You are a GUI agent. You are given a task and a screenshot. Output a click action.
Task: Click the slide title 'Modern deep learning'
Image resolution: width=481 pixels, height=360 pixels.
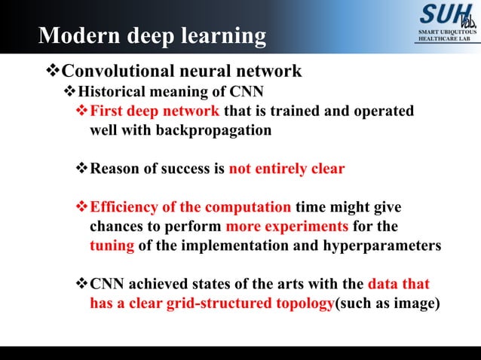coord(152,36)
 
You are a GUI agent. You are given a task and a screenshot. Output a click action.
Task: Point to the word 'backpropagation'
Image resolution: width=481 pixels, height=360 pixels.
coord(213,130)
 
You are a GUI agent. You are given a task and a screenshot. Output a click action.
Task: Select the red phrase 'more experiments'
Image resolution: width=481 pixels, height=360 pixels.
coord(287,227)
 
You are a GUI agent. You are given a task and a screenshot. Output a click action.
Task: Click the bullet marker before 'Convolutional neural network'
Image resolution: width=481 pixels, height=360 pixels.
coord(51,72)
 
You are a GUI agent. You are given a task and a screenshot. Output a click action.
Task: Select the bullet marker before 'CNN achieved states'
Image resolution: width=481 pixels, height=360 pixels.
coord(82,285)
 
